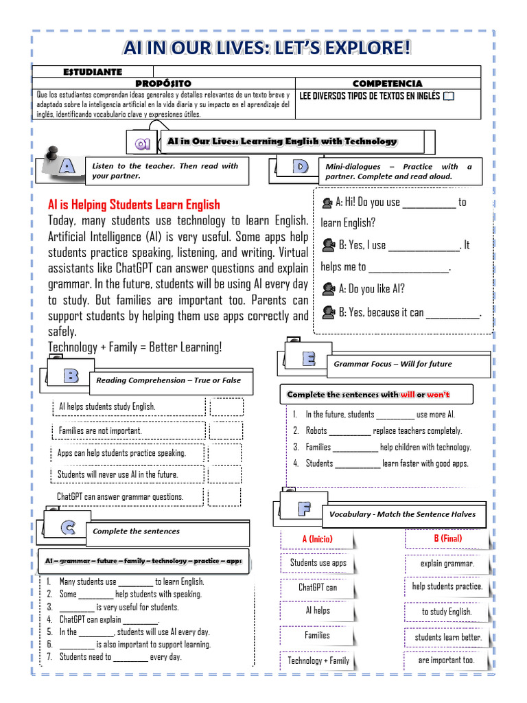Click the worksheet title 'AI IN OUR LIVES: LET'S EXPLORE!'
267,48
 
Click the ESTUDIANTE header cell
93,71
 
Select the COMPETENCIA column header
387,83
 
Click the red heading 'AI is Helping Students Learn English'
134,204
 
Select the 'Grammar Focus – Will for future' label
393,364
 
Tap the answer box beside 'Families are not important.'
226,431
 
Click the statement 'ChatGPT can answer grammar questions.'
120,496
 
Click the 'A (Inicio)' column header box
317,539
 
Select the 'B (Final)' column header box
447,539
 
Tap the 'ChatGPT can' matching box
317,588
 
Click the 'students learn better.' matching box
447,637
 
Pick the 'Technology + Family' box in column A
318,660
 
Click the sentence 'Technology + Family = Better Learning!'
135,347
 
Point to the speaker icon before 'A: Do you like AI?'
327,289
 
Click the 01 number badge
143,143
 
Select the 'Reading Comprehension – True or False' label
168,380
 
